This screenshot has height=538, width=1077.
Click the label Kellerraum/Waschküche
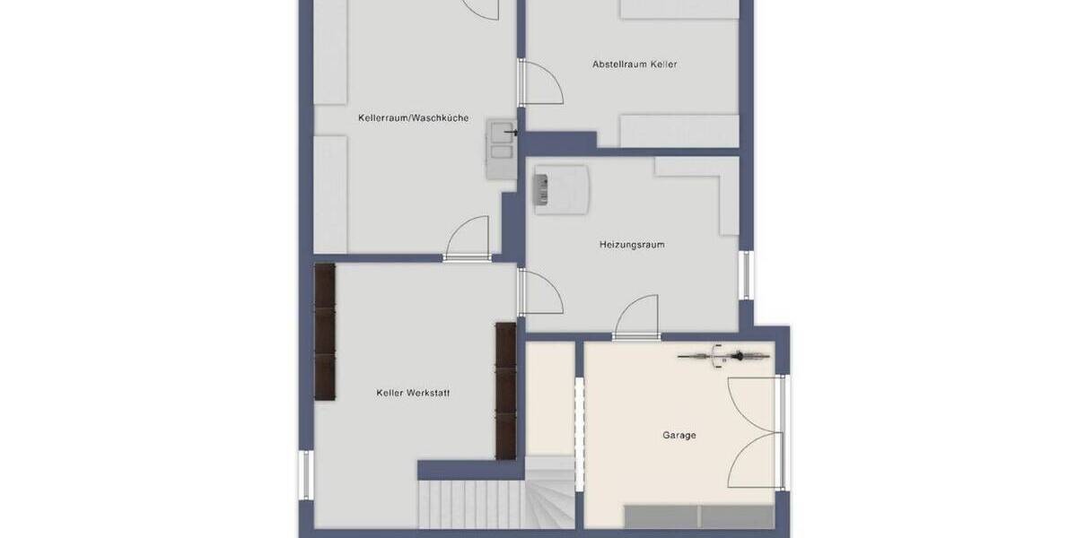point(413,117)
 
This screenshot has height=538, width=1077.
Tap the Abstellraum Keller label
point(635,65)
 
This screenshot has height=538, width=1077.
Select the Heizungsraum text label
point(632,244)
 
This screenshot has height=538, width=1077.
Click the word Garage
point(679,436)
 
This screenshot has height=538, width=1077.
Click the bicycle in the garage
point(723,357)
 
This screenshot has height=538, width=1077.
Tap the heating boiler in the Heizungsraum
point(561,188)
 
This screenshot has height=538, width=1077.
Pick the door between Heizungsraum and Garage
point(637,318)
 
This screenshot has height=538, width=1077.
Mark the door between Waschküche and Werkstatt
point(468,239)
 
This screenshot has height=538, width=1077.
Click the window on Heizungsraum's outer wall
point(744,274)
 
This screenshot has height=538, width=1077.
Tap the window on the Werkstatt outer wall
point(305,474)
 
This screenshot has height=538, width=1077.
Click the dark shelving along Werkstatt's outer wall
point(324,331)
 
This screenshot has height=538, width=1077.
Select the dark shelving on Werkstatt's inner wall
point(506,390)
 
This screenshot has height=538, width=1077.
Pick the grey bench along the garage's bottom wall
point(698,516)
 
